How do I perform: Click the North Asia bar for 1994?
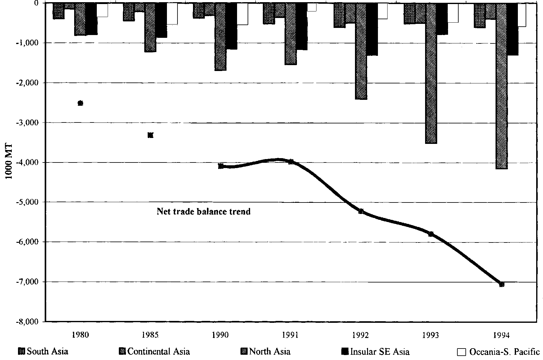pyautogui.click(x=501, y=86)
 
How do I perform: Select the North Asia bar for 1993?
pyautogui.click(x=431, y=73)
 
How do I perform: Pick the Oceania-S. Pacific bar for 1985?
pyautogui.click(x=172, y=14)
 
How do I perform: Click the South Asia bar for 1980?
pyautogui.click(x=59, y=11)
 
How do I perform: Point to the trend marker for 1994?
pyautogui.click(x=502, y=284)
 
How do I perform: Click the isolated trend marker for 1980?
pyautogui.click(x=80, y=103)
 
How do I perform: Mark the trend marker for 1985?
pyautogui.click(x=150, y=135)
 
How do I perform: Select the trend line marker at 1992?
pyautogui.click(x=361, y=211)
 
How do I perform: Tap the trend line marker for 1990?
pyautogui.click(x=221, y=166)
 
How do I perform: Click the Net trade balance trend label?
pyautogui.click(x=204, y=212)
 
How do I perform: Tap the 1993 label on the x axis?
pyautogui.click(x=431, y=335)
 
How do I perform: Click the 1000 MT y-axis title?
pyautogui.click(x=9, y=162)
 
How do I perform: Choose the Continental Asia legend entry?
pyautogui.click(x=155, y=352)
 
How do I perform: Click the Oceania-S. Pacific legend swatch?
pyautogui.click(x=462, y=352)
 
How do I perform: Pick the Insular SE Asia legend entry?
pyautogui.click(x=375, y=352)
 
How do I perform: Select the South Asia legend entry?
pyautogui.click(x=43, y=352)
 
